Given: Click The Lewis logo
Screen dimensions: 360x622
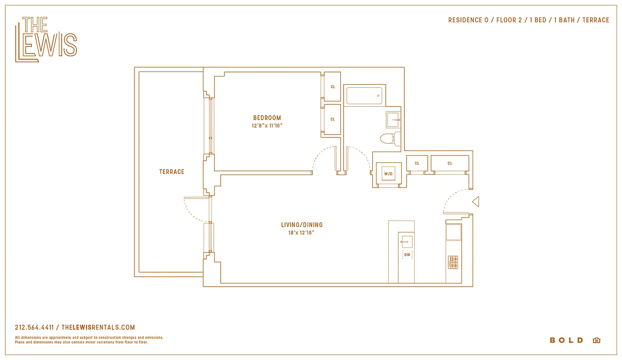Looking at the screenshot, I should coord(46,39).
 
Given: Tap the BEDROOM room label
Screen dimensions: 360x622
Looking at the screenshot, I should coord(267,118).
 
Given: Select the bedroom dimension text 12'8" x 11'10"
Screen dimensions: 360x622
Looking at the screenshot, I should coord(267,126).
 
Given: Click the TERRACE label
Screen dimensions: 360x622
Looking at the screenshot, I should coord(171,172).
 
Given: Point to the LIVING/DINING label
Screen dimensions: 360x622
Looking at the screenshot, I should coord(302,225).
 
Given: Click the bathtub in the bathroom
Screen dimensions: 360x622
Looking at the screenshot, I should coord(364,96).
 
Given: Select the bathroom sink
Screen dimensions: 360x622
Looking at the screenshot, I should coord(393,120).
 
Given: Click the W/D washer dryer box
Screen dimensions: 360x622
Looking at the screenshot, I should coord(388,174).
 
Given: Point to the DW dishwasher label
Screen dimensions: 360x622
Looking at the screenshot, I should coord(407,255).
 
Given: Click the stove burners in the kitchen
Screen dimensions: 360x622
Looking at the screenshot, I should coord(453,262).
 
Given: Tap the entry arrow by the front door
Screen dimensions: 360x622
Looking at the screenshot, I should coord(475,202).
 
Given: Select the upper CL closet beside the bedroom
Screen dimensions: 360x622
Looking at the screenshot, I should coord(332,86).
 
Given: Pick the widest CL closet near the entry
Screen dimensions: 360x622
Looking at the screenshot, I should coord(450,163).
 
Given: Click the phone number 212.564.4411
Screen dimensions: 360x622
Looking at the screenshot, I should coord(34,328).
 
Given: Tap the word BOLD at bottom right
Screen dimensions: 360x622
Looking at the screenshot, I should coord(566,340).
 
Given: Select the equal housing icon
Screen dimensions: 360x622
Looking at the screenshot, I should coord(596,340).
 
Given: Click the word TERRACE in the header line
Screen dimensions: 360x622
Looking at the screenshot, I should coord(595,20).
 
